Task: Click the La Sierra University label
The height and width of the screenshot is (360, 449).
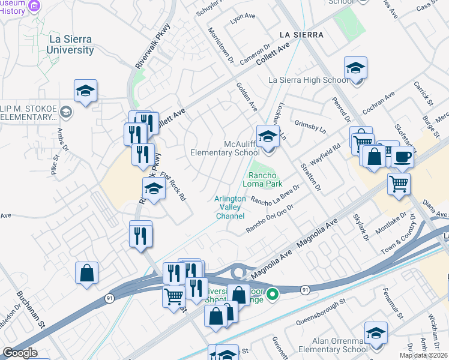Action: pyautogui.click(x=70, y=44)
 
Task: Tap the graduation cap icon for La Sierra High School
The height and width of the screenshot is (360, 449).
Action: pyautogui.click(x=355, y=68)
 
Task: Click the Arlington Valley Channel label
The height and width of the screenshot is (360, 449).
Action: pyautogui.click(x=230, y=207)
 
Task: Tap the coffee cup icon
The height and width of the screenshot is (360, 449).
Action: pyautogui.click(x=402, y=157)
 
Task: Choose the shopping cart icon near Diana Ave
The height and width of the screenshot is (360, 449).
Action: pyautogui.click(x=399, y=184)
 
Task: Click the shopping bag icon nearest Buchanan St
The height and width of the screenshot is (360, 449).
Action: pyautogui.click(x=87, y=272)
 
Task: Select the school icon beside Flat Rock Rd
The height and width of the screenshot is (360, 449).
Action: pyautogui.click(x=154, y=189)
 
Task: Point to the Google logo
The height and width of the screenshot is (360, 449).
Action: pyautogui.click(x=19, y=353)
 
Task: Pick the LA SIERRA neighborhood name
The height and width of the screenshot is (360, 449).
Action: pyautogui.click(x=300, y=35)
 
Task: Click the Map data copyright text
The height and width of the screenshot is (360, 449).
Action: pyautogui.click(x=424, y=355)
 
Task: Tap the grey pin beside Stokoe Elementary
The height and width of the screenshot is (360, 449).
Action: pyautogui.click(x=65, y=112)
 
